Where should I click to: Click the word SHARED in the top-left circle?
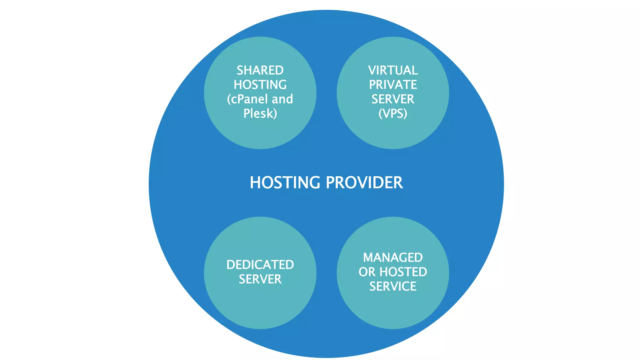click(260, 70)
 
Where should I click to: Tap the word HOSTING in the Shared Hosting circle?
click(260, 85)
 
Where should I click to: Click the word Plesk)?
click(260, 113)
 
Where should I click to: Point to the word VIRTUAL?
click(393, 70)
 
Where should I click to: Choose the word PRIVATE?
click(393, 85)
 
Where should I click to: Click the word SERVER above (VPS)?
click(393, 99)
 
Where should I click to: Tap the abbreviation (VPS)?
click(393, 113)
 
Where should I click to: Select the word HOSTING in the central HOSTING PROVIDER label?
click(285, 182)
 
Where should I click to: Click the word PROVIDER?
click(364, 182)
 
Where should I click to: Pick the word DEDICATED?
click(260, 265)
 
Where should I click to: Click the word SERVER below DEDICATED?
click(260, 279)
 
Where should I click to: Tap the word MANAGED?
click(393, 257)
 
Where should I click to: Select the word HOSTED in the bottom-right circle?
click(403, 272)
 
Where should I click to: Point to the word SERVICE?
click(393, 286)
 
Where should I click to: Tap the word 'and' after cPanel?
click(282, 99)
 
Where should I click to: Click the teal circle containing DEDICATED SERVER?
click(260, 306)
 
